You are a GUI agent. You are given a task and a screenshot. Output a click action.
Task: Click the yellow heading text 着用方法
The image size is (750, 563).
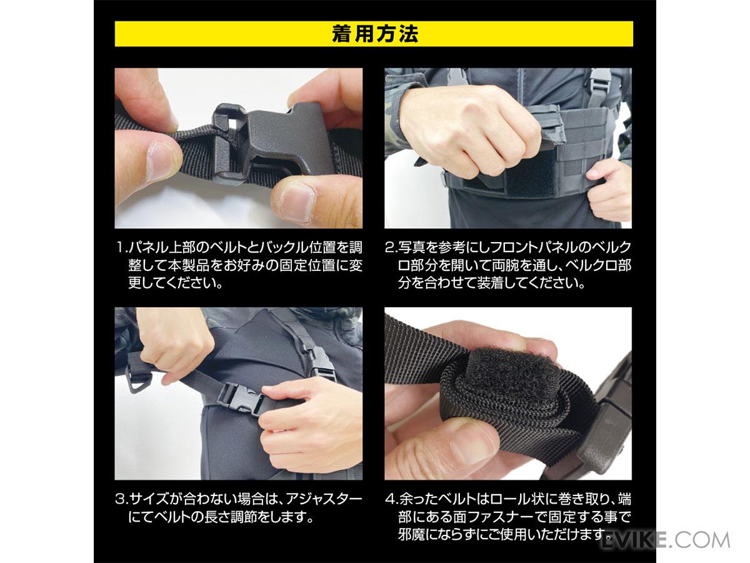tap(375, 34)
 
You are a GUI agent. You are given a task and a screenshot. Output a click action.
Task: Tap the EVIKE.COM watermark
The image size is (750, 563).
tap(665, 540)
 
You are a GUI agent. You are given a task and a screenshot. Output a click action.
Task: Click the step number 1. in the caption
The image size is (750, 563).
tap(122, 247)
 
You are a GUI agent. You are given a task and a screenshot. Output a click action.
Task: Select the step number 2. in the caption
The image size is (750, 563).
tap(391, 247)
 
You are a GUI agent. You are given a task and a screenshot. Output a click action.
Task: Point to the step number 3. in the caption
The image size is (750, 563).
tap(122, 499)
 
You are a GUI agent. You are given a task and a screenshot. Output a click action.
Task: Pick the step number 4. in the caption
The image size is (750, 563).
tap(392, 499)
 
